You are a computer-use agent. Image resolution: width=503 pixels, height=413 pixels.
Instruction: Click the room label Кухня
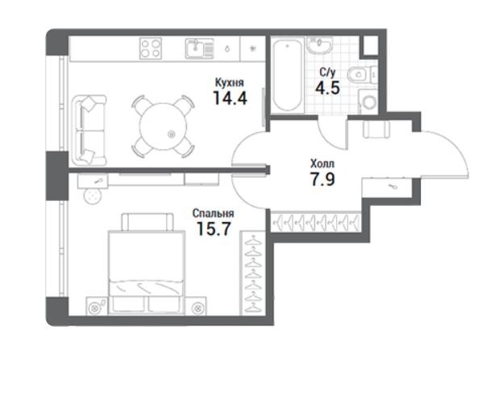(x=230, y=83)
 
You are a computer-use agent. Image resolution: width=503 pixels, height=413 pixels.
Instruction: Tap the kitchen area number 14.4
(x=230, y=98)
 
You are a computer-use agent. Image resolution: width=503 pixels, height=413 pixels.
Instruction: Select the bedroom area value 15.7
(x=214, y=228)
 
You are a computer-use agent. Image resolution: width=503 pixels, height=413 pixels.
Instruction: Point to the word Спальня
(x=213, y=213)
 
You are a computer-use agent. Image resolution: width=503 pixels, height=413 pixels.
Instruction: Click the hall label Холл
(x=322, y=164)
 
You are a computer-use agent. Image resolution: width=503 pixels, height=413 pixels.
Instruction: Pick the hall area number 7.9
(x=322, y=179)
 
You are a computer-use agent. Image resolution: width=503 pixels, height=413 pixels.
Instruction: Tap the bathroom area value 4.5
(x=327, y=88)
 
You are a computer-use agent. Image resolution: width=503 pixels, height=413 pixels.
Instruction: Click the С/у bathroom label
(x=327, y=73)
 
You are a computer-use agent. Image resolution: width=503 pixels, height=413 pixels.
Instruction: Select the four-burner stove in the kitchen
(x=151, y=48)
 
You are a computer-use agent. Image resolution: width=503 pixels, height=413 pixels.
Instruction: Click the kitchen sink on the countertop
(x=199, y=48)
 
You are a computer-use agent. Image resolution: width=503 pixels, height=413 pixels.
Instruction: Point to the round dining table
(x=164, y=127)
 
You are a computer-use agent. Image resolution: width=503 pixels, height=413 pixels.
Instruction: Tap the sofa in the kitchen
(x=89, y=131)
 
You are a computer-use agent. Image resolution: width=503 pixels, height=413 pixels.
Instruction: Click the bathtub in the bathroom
(x=288, y=75)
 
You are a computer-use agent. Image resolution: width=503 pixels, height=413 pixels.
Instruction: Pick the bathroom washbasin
(x=319, y=45)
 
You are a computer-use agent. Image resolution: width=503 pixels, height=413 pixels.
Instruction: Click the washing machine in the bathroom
(x=368, y=102)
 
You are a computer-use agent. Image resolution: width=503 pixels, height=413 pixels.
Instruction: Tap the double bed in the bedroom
(x=147, y=264)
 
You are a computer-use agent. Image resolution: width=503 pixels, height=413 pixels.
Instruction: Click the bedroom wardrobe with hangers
(x=253, y=273)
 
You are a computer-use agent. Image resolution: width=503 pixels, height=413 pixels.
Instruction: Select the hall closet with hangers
(x=316, y=222)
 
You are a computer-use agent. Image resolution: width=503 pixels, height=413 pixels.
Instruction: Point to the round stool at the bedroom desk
(x=93, y=196)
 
